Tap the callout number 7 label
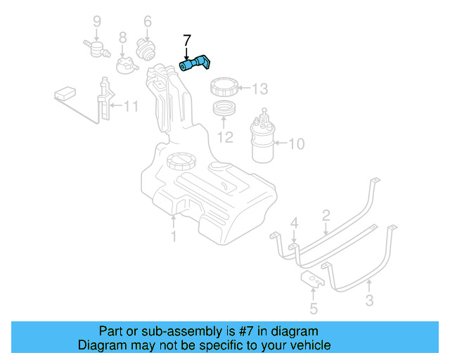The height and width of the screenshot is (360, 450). pyautogui.click(x=186, y=41)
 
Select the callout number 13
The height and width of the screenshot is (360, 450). pyautogui.click(x=260, y=89)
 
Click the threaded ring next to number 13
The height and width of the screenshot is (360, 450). pyautogui.click(x=226, y=89)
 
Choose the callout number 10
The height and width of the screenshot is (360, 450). pyautogui.click(x=296, y=144)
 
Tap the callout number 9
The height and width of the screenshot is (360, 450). pyautogui.click(x=97, y=21)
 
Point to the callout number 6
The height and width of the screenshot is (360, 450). pyautogui.click(x=148, y=22)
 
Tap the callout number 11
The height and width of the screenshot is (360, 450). pyautogui.click(x=131, y=107)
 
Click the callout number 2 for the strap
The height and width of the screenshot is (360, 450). pyautogui.click(x=326, y=214)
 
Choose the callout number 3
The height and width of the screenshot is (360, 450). pyautogui.click(x=369, y=303)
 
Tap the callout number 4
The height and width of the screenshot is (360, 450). pyautogui.click(x=295, y=224)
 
